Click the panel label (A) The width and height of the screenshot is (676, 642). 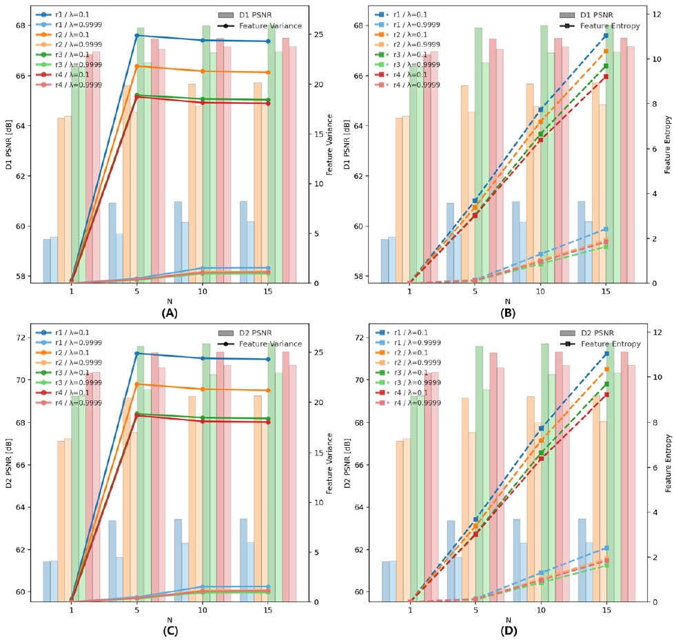pos(170,313)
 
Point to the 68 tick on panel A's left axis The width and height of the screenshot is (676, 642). pos(21,26)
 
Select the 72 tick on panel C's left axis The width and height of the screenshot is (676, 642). pos(21,338)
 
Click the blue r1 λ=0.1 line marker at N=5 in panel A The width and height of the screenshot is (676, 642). pos(137,35)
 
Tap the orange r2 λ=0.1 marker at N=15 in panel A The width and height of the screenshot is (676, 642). pos(268,72)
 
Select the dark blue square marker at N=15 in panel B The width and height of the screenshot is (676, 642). pos(606,35)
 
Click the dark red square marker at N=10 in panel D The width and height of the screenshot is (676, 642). pos(541,458)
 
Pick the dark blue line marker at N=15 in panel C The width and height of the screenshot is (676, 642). pos(268,359)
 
